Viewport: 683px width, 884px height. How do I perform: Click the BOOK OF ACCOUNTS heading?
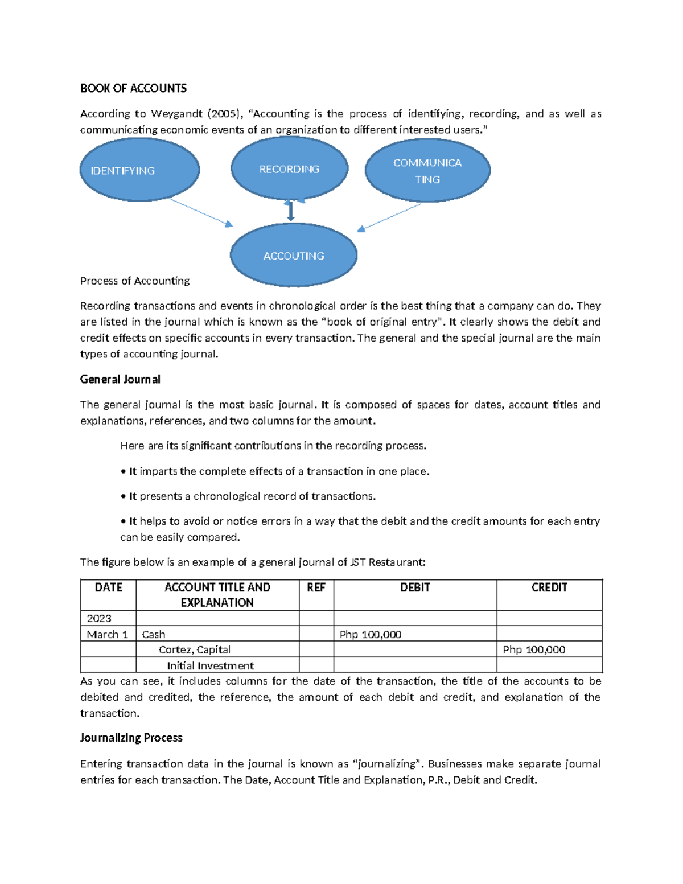pyautogui.click(x=133, y=88)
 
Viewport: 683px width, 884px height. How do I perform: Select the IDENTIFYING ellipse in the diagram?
pyautogui.click(x=139, y=170)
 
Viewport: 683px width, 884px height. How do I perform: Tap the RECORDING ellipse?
pyautogui.click(x=289, y=169)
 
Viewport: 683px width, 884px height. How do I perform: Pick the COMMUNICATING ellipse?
pyautogui.click(x=427, y=171)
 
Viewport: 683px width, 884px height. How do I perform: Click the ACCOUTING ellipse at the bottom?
pyautogui.click(x=294, y=256)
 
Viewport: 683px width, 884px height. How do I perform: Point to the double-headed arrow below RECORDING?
pyautogui.click(x=291, y=211)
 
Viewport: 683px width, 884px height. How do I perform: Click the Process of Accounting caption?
pyautogui.click(x=135, y=281)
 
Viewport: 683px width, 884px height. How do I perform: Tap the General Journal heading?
pyautogui.click(x=120, y=379)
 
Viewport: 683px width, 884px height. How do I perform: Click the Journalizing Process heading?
pyautogui.click(x=131, y=738)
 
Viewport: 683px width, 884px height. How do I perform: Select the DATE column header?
pyautogui.click(x=108, y=587)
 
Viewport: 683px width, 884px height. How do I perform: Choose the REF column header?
pyautogui.click(x=316, y=587)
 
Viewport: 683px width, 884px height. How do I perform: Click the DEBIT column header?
pyautogui.click(x=415, y=587)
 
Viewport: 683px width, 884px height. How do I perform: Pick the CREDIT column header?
pyautogui.click(x=549, y=587)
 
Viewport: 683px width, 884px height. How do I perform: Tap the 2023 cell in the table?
pyautogui.click(x=99, y=618)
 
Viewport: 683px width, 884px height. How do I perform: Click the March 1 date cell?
pyautogui.click(x=107, y=634)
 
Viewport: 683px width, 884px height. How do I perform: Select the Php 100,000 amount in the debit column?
pyautogui.click(x=371, y=634)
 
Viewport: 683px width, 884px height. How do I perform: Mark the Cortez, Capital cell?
pyautogui.click(x=195, y=649)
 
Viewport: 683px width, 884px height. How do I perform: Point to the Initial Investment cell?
pyautogui.click(x=210, y=665)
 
